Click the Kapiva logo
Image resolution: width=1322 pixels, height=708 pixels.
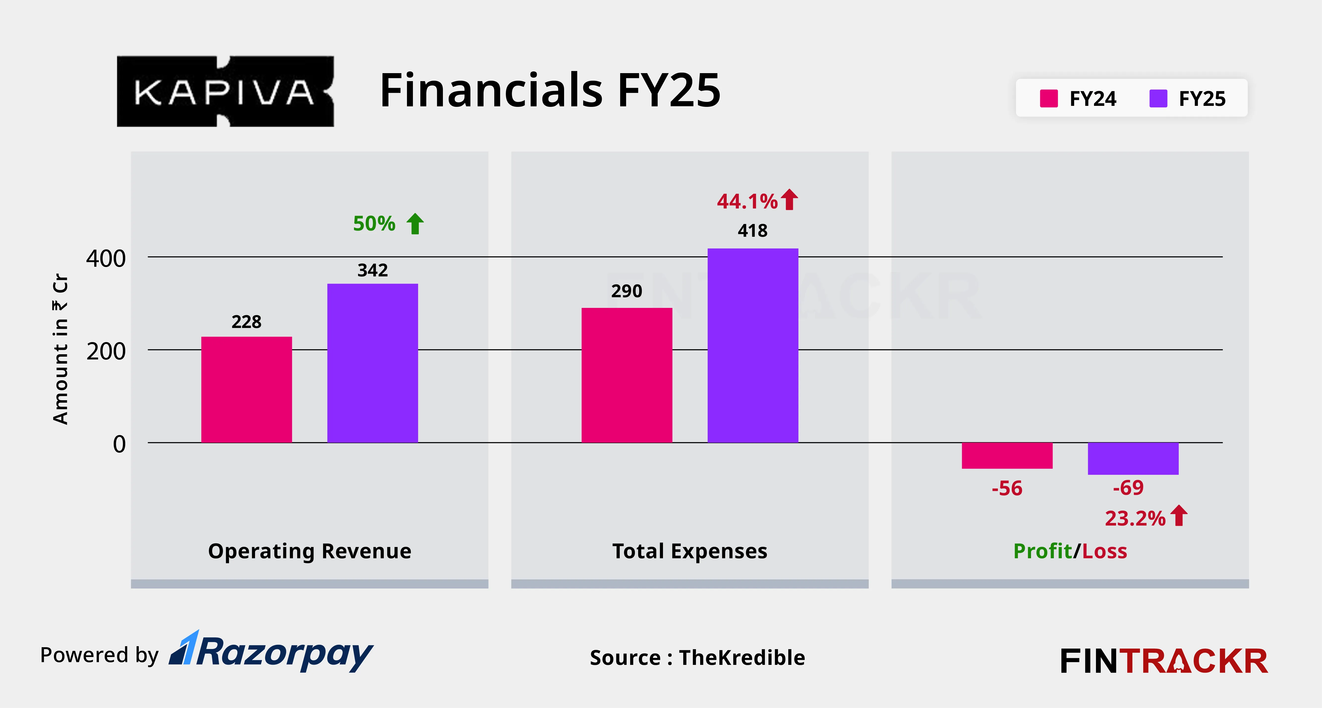click(225, 91)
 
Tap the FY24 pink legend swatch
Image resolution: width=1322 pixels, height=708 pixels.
click(1048, 98)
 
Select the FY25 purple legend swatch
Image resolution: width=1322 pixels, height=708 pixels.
click(1158, 98)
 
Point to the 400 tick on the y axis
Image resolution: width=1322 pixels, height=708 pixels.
click(106, 258)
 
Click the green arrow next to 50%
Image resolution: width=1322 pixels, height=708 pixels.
click(415, 224)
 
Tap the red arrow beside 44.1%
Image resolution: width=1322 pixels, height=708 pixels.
click(789, 200)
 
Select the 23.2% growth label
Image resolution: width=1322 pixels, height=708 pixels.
click(1135, 518)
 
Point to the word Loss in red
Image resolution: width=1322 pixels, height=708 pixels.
click(1104, 551)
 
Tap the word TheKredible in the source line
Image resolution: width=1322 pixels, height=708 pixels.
click(742, 657)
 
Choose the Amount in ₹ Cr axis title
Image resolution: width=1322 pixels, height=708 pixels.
click(60, 349)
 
